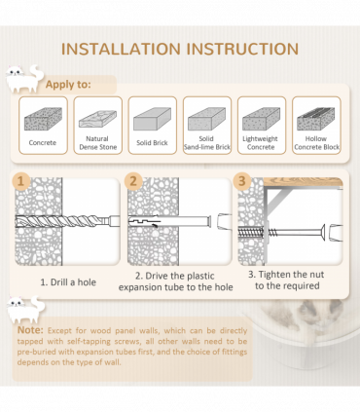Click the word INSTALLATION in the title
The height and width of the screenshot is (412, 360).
(121, 49)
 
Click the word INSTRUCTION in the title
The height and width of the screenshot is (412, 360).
(242, 49)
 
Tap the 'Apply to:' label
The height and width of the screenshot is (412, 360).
(68, 85)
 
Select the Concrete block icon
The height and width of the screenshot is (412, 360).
(43, 119)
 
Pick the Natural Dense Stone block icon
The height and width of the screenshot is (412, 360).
(97, 119)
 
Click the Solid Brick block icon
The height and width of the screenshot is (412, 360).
(152, 119)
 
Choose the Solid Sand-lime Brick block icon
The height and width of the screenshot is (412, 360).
(207, 119)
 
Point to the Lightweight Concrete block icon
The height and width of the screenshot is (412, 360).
(262, 119)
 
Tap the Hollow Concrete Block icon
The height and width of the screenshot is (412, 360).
(316, 119)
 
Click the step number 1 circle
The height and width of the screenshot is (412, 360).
(21, 181)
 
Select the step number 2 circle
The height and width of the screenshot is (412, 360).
(133, 181)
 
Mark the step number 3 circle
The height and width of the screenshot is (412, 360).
(242, 181)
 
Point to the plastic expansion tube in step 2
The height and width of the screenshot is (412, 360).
(169, 221)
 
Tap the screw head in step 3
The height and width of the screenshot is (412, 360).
(322, 233)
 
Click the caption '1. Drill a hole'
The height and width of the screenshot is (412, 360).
(68, 282)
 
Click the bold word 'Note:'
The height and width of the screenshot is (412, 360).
(30, 330)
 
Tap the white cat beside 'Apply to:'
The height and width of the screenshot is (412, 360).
(24, 79)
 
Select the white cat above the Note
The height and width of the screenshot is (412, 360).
(26, 309)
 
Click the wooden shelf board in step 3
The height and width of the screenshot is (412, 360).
(303, 182)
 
